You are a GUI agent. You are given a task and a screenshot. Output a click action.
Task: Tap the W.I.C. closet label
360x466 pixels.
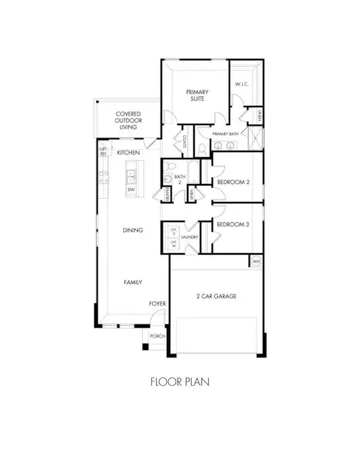pos(242,85)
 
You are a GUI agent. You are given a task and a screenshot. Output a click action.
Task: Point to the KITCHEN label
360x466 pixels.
pos(128,153)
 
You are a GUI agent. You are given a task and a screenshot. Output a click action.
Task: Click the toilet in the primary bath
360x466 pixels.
pos(201,148)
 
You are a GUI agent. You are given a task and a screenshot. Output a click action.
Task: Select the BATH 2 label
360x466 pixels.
pos(180,180)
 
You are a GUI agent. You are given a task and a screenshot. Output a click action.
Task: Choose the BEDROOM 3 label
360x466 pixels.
pos(232,225)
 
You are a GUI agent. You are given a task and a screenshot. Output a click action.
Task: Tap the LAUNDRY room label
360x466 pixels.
pos(190,238)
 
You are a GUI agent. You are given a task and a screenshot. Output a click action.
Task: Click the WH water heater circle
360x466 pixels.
pos(256,262)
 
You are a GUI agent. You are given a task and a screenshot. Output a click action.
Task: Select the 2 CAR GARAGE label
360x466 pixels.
pos(217,297)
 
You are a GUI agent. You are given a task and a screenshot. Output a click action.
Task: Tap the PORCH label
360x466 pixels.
pos(157,336)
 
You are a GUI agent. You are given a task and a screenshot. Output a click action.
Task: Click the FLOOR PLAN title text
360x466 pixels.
pos(180,381)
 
